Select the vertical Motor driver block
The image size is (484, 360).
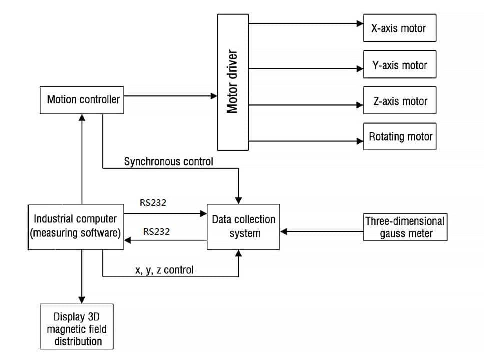[x=232, y=82]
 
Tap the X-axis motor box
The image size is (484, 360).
[x=399, y=28]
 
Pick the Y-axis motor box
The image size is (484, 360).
[x=399, y=65]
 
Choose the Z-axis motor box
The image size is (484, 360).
[x=399, y=101]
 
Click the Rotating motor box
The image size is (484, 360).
[x=399, y=136]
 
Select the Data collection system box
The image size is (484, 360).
[x=243, y=226]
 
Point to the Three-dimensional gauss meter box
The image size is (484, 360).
[x=405, y=227]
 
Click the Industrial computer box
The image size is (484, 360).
[x=76, y=226]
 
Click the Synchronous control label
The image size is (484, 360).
[x=168, y=162]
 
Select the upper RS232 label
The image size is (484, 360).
[x=153, y=203]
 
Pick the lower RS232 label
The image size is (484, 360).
[x=156, y=232]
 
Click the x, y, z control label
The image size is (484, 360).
[x=164, y=270]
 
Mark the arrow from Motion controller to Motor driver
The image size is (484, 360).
[x=170, y=95]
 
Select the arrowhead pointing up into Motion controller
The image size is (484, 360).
[x=81, y=118]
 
